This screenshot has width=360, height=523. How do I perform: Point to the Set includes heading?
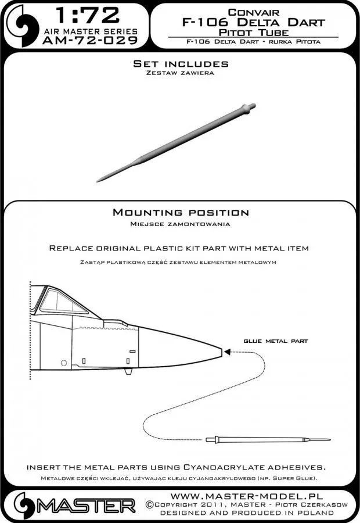pyautogui.click(x=181, y=63)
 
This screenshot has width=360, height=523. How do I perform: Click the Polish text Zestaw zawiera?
pyautogui.click(x=181, y=74)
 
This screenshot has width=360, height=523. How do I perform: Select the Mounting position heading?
pyautogui.click(x=181, y=213)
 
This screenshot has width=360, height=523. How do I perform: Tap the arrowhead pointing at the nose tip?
pyautogui.click(x=227, y=351)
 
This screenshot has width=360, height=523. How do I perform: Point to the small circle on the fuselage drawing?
pyautogui.click(x=63, y=363)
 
